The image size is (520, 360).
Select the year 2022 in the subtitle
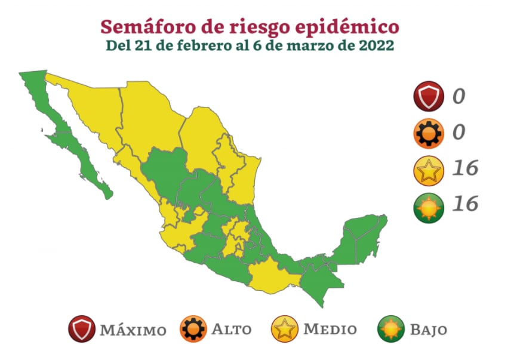pos(376,45)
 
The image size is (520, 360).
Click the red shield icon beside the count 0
pos(428,96)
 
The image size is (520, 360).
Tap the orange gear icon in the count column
pos(428,133)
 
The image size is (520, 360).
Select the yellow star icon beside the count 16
pos(428,170)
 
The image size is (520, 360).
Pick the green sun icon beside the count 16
pos(428,207)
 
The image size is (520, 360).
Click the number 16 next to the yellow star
pos(464,169)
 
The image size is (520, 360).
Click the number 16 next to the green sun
pos(464,205)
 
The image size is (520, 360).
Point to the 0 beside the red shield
pos(458,96)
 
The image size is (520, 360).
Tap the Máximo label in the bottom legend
pos(133,330)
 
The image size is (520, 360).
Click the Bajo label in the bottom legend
pos(427,329)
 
